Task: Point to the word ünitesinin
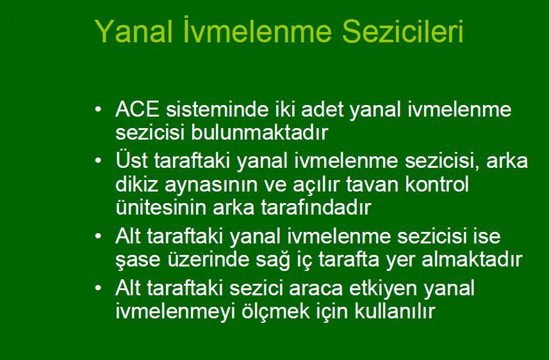158,208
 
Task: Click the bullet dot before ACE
97,110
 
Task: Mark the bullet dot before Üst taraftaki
97,160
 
